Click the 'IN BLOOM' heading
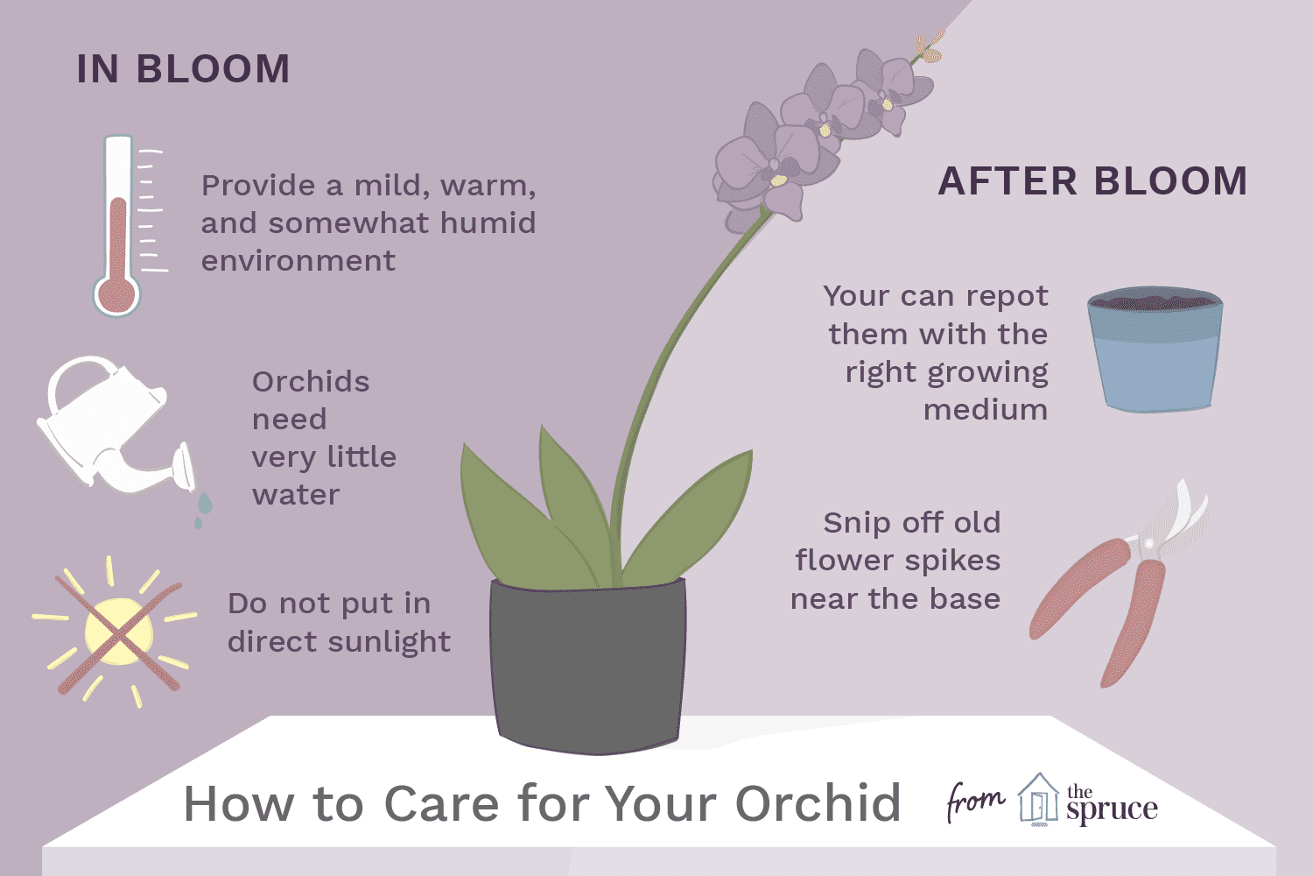click(184, 69)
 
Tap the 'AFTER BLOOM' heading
click(1092, 180)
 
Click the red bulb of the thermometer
click(116, 293)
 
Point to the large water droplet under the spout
click(205, 504)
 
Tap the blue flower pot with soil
click(1155, 350)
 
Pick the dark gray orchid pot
click(588, 666)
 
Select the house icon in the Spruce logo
click(1038, 800)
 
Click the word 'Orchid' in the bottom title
click(818, 804)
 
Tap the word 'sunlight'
click(390, 642)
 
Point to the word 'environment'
click(298, 261)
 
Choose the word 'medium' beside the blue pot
click(986, 410)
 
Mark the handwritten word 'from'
click(975, 802)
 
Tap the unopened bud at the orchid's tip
click(930, 46)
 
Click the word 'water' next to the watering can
click(296, 496)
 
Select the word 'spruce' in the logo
click(1112, 810)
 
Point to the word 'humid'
click(488, 223)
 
